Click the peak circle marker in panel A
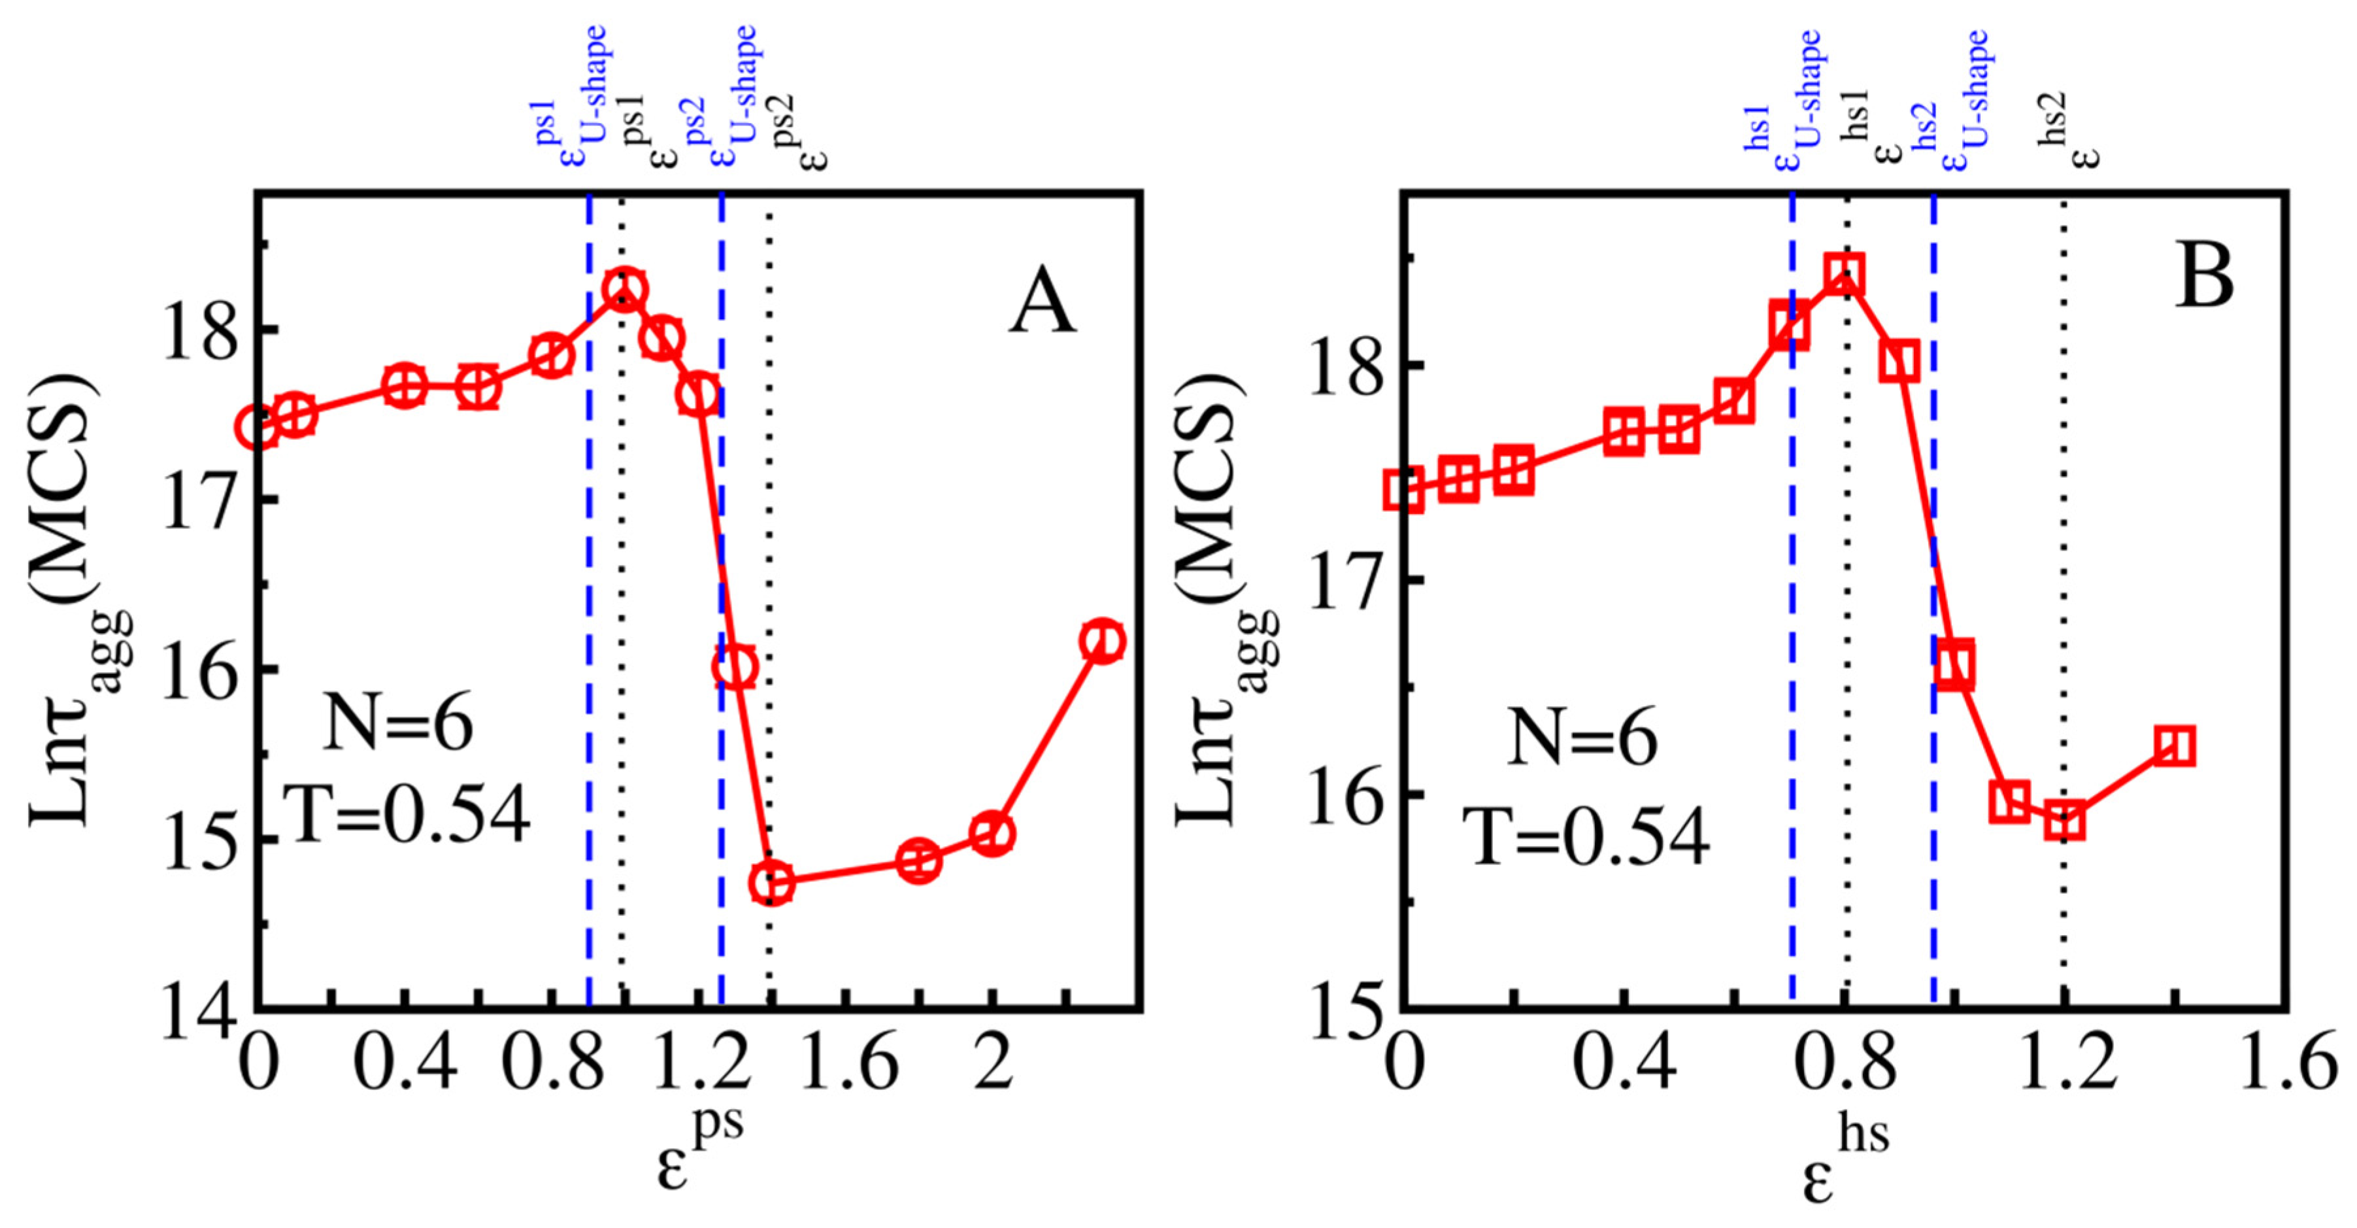coord(625,290)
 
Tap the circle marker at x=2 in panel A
coord(993,834)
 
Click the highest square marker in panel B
coord(1845,273)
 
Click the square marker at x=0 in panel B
coord(1405,490)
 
